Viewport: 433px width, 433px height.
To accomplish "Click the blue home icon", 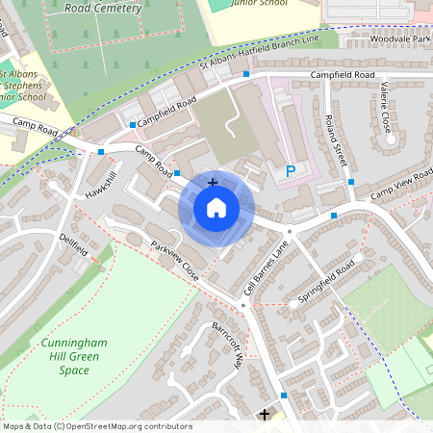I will tap(216, 207).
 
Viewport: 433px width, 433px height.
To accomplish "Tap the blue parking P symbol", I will tap(291, 172).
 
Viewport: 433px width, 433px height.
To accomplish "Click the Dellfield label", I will tap(73, 242).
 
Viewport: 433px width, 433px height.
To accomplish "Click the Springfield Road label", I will tap(326, 279).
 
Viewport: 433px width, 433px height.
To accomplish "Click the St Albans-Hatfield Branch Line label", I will tap(258, 55).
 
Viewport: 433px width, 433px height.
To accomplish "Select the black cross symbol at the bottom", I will tap(265, 415).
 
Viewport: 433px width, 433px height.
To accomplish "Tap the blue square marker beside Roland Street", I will tap(351, 182).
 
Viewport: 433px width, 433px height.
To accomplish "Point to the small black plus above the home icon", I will tap(213, 182).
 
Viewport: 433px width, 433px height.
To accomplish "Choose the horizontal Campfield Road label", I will tap(342, 74).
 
